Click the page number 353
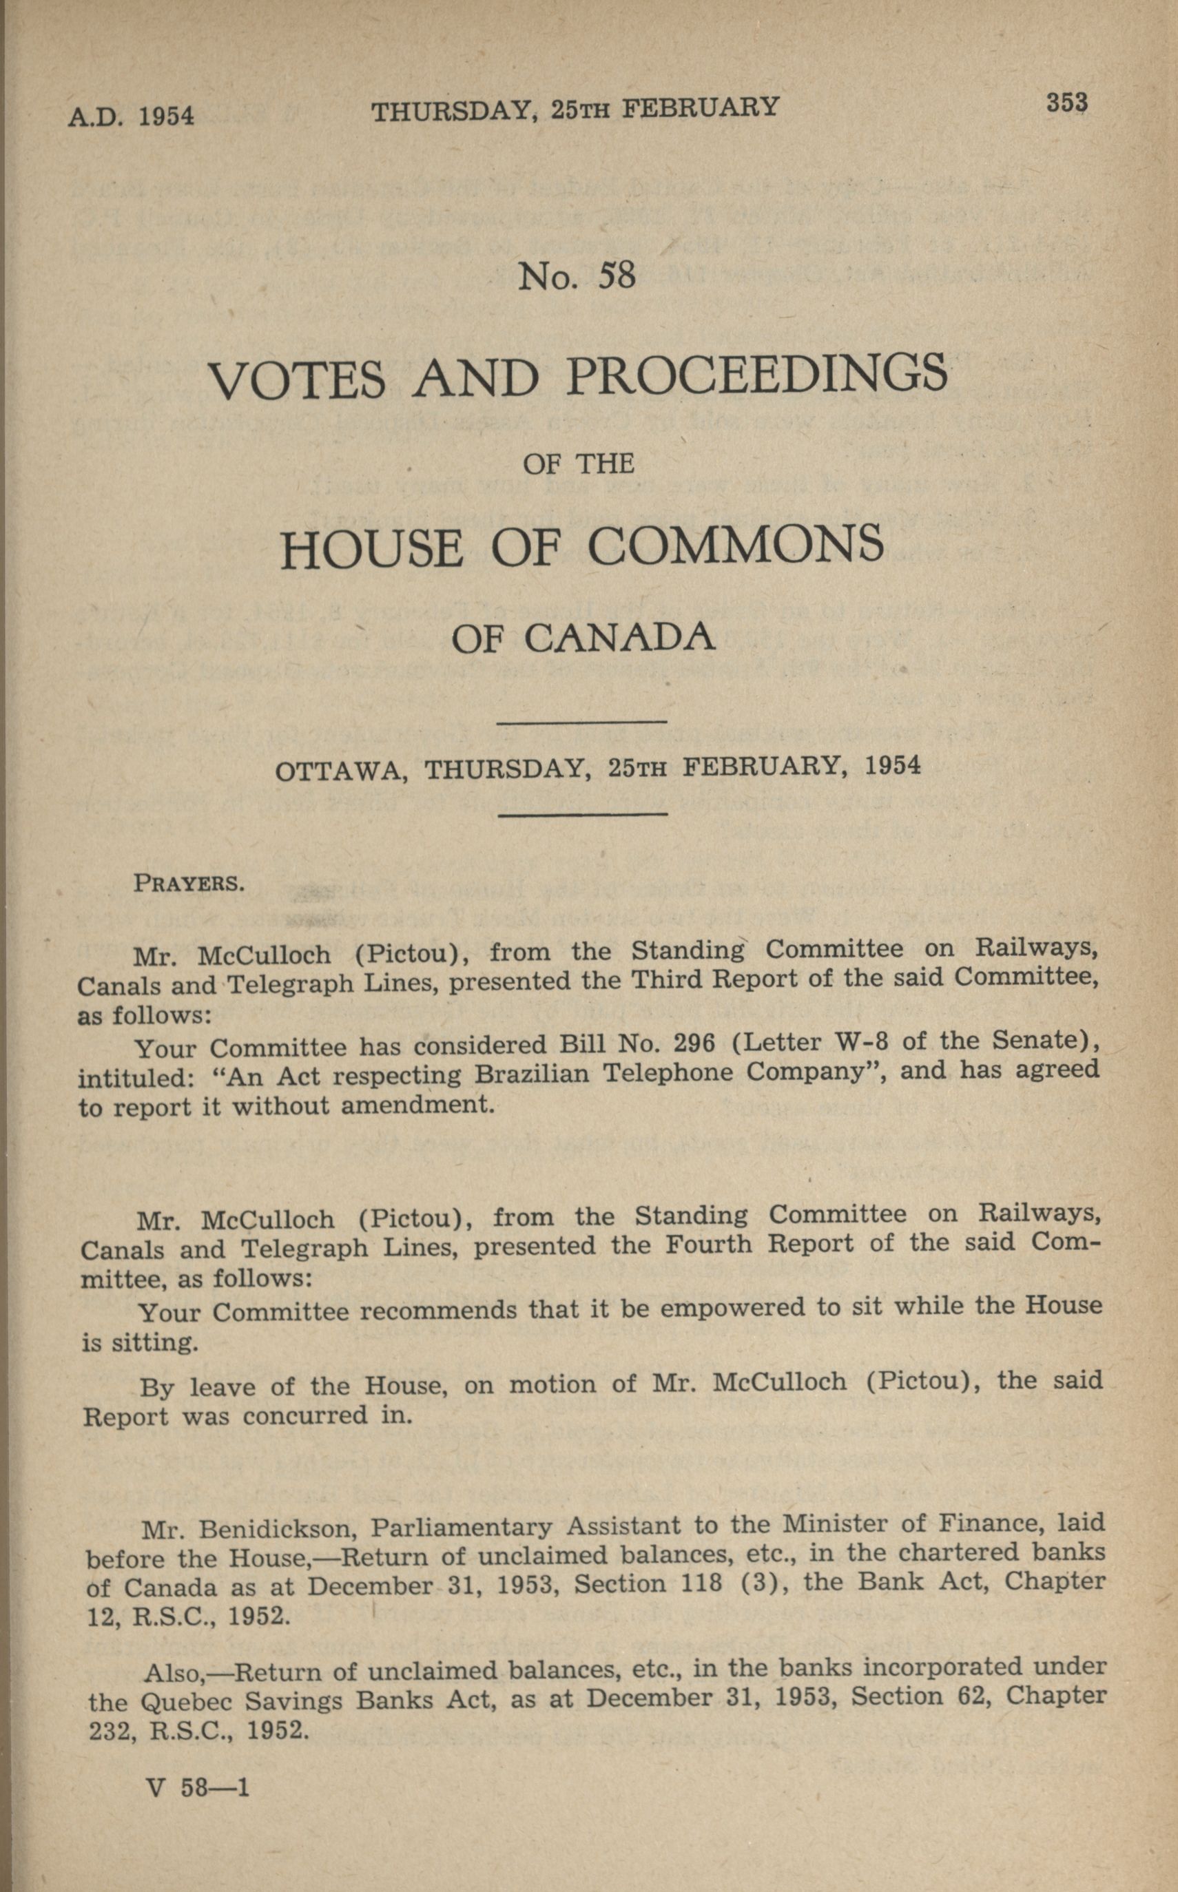pyautogui.click(x=1066, y=103)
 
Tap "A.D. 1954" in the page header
pyautogui.click(x=130, y=116)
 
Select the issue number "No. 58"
pyautogui.click(x=577, y=276)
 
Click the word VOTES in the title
pyautogui.click(x=297, y=380)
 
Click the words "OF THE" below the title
pyautogui.click(x=578, y=465)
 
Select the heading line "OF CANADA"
pyautogui.click(x=583, y=638)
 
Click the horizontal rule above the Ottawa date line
pyautogui.click(x=582, y=723)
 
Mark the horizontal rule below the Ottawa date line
pyautogui.click(x=582, y=815)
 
